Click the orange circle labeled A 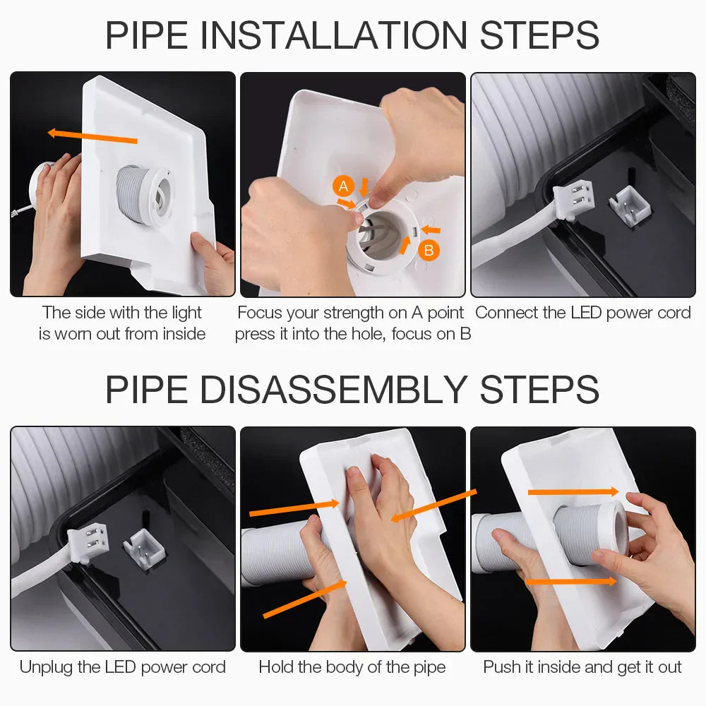(x=343, y=186)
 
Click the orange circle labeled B (x=428, y=249)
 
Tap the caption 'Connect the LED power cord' (x=583, y=313)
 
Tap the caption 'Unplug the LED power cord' (x=123, y=666)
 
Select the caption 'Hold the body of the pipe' (x=352, y=666)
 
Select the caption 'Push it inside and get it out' (x=582, y=666)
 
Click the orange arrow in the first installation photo (x=92, y=136)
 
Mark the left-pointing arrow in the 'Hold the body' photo (x=434, y=505)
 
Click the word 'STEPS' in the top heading (x=539, y=35)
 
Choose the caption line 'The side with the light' (x=122, y=313)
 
